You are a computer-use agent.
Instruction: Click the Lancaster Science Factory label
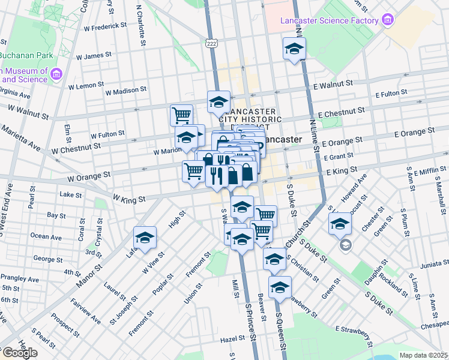click(x=330, y=20)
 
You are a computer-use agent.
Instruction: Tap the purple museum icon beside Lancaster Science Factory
click(x=387, y=20)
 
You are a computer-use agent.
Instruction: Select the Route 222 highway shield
click(x=211, y=44)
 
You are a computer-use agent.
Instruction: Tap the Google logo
click(x=19, y=353)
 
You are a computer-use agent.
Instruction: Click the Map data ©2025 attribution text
click(x=424, y=355)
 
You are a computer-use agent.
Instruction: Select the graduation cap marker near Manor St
click(x=145, y=238)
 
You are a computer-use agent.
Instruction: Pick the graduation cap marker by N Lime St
click(x=294, y=49)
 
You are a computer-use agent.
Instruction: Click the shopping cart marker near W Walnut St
click(x=181, y=113)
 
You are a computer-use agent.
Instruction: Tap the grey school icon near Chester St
click(x=346, y=245)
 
